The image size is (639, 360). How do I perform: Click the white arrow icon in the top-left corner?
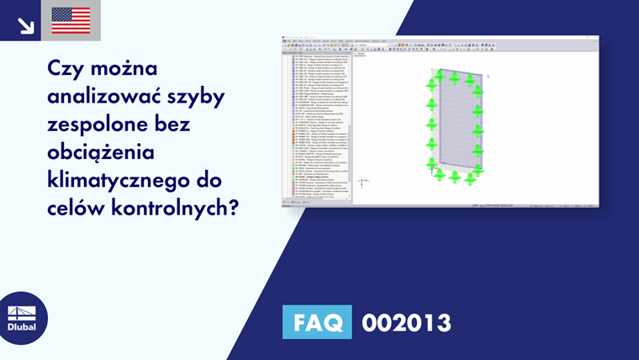pos(25,25)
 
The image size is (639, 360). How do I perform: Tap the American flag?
pos(71,20)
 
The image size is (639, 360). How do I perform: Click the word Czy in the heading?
pos(68,68)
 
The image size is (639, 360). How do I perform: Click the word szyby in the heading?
pos(197,97)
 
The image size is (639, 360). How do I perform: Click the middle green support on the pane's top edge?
pos(453,77)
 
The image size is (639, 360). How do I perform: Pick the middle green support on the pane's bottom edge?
pos(454,176)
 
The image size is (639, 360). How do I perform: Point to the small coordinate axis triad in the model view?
pos(361,181)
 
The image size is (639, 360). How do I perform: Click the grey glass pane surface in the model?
pos(455,126)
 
